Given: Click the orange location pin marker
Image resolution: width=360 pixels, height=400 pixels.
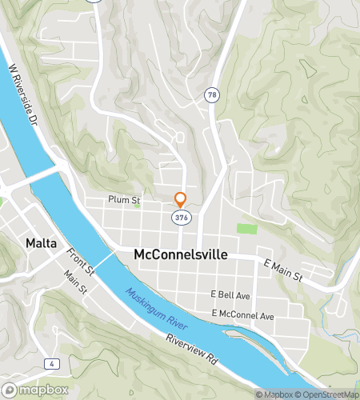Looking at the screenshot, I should tap(181, 199).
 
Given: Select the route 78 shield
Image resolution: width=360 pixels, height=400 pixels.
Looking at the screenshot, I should tap(212, 94).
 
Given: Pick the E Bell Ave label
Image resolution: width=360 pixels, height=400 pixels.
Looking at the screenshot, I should tap(230, 294).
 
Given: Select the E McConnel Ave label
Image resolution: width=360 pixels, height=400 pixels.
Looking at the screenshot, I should tap(243, 316).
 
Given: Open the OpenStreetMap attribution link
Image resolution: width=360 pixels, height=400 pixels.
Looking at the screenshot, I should tap(328, 394).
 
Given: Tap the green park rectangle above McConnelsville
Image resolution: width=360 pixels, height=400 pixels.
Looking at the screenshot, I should tap(247, 229).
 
